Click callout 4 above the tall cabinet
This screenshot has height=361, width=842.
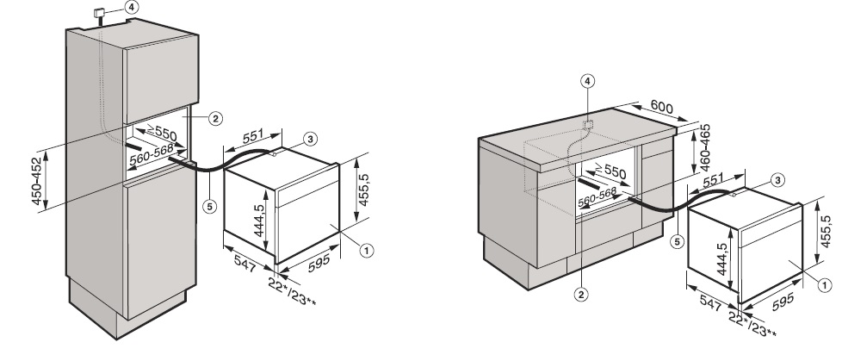[131, 6]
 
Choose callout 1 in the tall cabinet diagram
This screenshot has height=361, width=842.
[366, 251]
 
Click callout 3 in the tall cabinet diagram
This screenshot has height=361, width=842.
[312, 138]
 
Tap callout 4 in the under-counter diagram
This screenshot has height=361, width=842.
[587, 81]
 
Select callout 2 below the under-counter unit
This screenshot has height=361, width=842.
[582, 294]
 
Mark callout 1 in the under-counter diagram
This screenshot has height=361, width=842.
[822, 283]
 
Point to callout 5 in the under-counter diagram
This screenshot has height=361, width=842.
[677, 241]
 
